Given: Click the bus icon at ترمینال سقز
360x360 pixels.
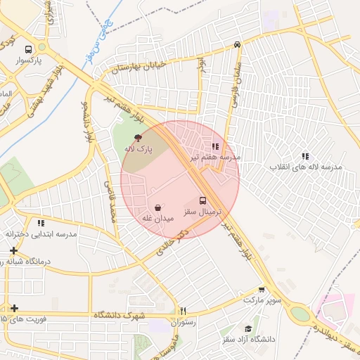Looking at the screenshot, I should tap(203, 200).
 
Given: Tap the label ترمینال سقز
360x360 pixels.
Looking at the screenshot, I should tap(203, 211).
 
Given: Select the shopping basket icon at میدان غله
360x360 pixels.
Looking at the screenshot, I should tap(158, 208).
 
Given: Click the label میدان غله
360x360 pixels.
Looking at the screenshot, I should tap(158, 219).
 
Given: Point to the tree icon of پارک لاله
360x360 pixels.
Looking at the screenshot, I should tap(137, 139).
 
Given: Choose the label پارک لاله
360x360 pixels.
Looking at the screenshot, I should tap(138, 150).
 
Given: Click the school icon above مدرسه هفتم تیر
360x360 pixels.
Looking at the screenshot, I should tap(215, 147).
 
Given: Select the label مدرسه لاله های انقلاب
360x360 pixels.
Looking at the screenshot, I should tap(307, 167).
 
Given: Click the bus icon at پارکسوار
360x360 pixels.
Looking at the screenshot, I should tap(28, 50).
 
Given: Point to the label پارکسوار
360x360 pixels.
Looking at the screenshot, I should tap(29, 61).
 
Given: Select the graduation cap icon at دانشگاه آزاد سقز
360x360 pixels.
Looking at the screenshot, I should tap(247, 328).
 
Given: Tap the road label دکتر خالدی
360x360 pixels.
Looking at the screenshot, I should tap(172, 243).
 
